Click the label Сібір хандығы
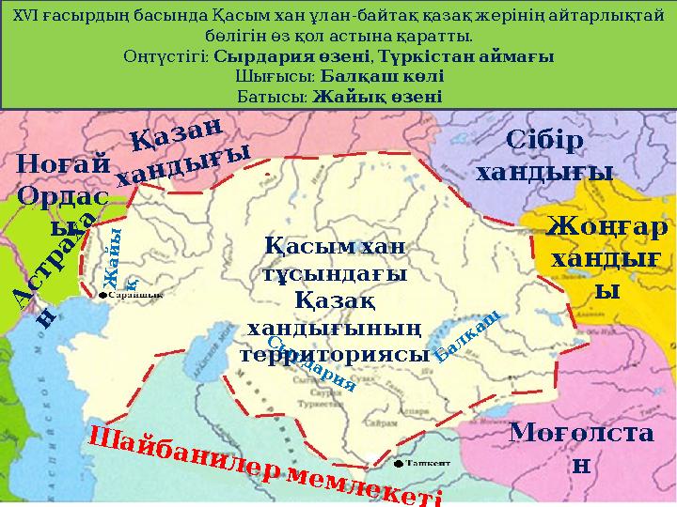(x=544, y=156)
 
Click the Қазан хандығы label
(x=183, y=151)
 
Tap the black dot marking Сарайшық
(x=102, y=295)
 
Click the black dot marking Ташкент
(x=400, y=464)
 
